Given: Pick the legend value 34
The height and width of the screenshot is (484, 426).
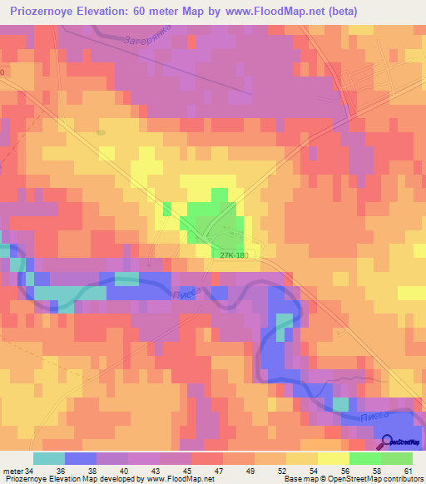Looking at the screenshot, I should point(32,470).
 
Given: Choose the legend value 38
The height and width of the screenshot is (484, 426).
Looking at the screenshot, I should point(111,470).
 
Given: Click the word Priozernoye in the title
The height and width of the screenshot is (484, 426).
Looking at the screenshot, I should point(49,12).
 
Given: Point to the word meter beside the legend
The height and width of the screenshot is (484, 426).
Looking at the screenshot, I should point(12,470).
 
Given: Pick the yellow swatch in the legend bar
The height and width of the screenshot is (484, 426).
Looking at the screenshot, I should point(333,458).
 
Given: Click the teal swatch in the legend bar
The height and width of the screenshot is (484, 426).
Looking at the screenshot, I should point(48,458).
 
